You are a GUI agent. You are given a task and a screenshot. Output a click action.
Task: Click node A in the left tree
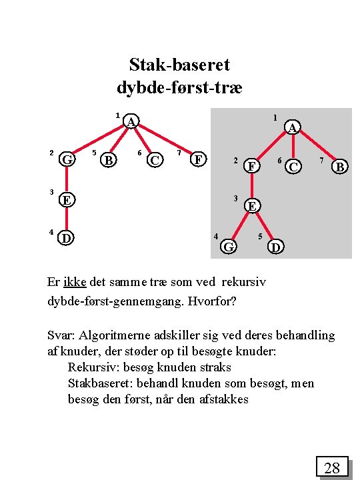coord(132,121)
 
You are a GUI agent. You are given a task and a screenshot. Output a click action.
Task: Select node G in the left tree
coord(66,159)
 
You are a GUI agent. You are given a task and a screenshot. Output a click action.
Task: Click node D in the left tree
coord(66,238)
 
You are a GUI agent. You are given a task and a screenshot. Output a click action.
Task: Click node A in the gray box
coord(293,127)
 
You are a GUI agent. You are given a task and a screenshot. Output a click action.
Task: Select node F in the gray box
coord(251,165)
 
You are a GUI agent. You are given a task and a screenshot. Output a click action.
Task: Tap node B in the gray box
coord(340,166)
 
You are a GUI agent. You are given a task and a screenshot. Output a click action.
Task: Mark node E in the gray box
coord(252,206)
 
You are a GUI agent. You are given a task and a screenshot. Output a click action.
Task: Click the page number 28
coord(332,468)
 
